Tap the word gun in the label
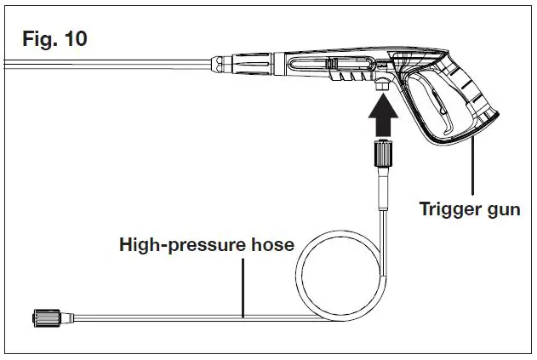501,209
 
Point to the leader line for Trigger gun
472,170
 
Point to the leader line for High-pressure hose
243,285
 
